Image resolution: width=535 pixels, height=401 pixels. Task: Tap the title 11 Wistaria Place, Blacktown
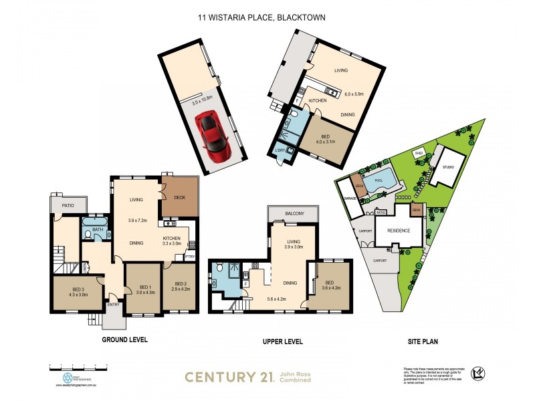pos(261,17)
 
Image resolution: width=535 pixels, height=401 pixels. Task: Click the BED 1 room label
pos(145,288)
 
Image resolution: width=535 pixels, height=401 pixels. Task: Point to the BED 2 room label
pos(181,288)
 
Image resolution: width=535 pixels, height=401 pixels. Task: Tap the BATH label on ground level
pos(98,229)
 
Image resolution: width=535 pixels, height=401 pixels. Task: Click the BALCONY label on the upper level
pos(294,213)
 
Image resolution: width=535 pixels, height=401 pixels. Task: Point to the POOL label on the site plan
pos(379,180)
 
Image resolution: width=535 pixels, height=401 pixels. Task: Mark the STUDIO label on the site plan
pos(449,167)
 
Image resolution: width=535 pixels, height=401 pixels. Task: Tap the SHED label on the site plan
pos(419,153)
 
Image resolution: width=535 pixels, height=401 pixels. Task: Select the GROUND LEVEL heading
pos(124,340)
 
